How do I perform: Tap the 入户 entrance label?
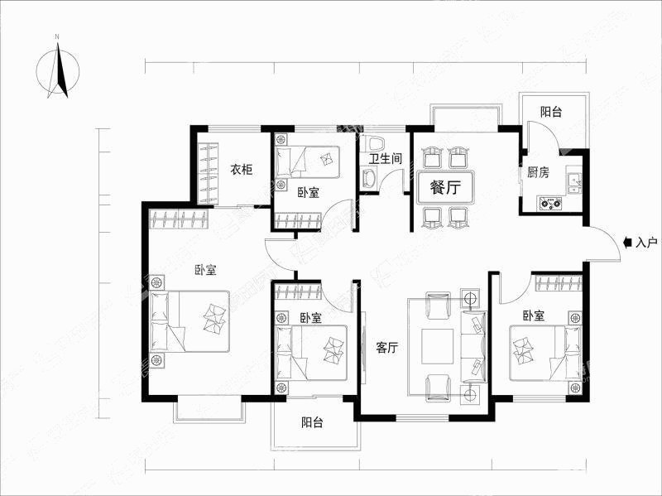pos(646,243)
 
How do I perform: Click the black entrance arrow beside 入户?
pos(628,243)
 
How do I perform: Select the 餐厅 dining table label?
pos(445,187)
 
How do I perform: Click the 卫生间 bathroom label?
pos(386,159)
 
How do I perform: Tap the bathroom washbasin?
pos(369,179)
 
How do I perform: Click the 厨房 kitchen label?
pos(538,172)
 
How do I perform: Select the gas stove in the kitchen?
pos(550,204)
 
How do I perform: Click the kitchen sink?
pos(574,181)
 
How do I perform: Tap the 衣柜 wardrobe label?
pos(241,170)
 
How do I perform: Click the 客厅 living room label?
pos(386,348)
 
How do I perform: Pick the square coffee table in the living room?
pos(438,346)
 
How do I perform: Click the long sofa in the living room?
pos(473,346)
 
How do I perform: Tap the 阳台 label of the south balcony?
pos(312,422)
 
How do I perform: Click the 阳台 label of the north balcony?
pos(551,112)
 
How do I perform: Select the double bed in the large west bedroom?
pos(190,321)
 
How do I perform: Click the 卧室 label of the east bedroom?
pos(533,315)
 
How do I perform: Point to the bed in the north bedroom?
pos(307,161)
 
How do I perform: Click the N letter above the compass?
pos(57,37)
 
